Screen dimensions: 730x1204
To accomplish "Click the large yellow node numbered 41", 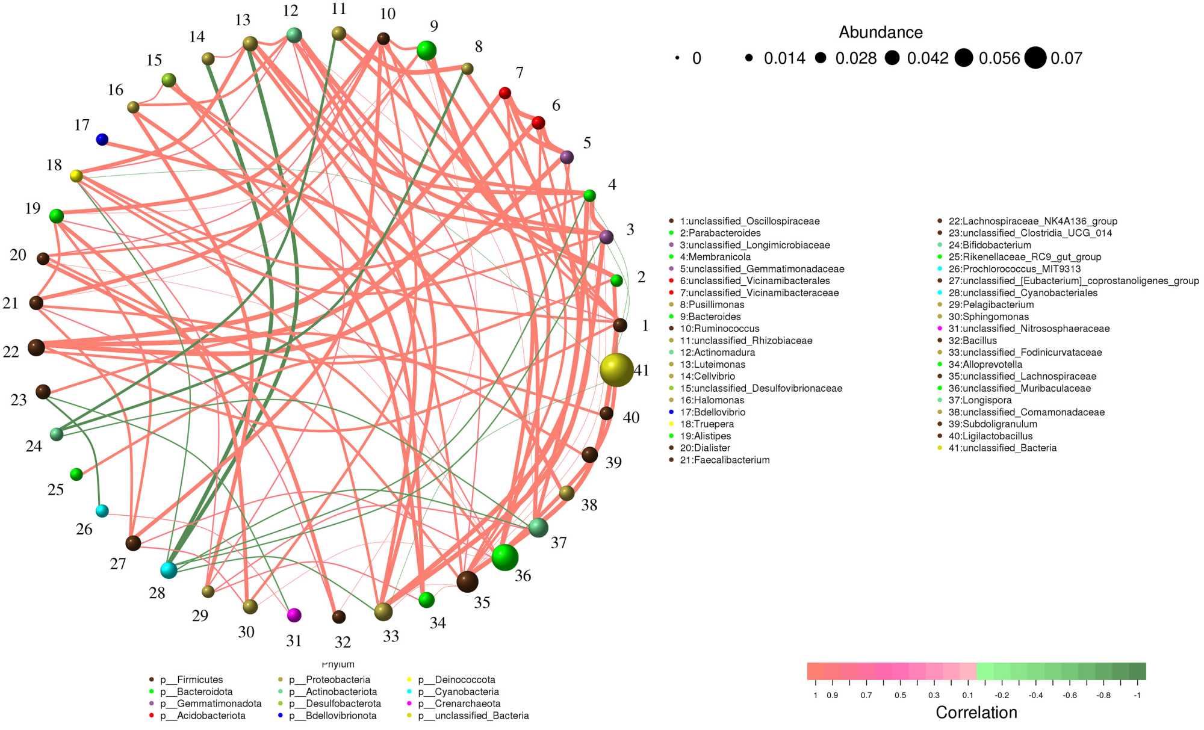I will (x=616, y=370).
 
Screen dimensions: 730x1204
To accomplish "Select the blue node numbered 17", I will (x=102, y=140).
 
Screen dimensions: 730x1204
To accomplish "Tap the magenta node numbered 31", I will (x=294, y=615).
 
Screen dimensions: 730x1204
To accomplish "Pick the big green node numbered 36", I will (x=504, y=557).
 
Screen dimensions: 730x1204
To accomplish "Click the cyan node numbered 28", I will (x=169, y=570).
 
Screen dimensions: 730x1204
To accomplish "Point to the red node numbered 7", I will (x=505, y=93).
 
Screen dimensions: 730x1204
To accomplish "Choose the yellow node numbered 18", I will (x=76, y=176).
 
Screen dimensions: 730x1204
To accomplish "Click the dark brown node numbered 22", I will (x=36, y=347).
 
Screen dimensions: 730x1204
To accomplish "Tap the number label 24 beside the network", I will (x=34, y=446).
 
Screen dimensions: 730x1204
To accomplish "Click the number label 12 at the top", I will (x=290, y=11).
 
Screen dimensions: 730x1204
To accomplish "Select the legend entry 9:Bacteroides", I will (x=710, y=317).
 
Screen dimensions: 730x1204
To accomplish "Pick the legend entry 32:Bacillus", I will (x=972, y=341).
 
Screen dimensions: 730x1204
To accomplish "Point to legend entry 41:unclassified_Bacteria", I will (x=1002, y=448).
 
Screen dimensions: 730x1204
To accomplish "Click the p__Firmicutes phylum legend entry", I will (x=191, y=679).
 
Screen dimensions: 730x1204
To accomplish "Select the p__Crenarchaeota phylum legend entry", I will (x=467, y=704).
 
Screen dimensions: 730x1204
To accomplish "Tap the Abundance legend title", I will (x=880, y=32).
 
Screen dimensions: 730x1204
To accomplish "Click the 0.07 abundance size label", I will (x=1066, y=58).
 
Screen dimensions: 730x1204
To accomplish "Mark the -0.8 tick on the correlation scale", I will (x=1103, y=695).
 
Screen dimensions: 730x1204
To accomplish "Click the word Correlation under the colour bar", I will (x=976, y=713).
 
